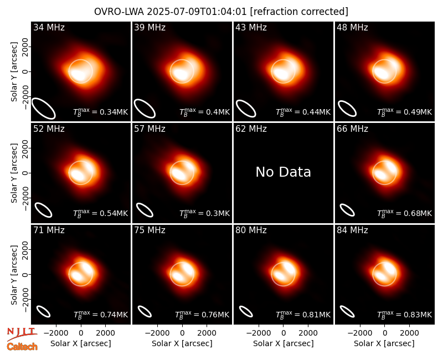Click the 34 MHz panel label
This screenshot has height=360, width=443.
(49, 27)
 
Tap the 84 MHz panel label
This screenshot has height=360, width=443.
(352, 230)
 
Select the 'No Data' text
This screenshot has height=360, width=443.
(283, 172)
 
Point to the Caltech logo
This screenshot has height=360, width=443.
(22, 347)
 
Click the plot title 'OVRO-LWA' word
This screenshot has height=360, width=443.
(119, 12)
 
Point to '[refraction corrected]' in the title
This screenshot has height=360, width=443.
(299, 12)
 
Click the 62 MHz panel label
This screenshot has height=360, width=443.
(251, 129)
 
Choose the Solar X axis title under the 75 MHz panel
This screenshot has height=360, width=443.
(182, 343)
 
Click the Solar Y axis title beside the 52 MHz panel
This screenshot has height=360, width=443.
(14, 173)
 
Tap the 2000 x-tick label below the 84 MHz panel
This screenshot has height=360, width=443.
(409, 333)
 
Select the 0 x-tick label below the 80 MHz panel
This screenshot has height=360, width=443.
(284, 333)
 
